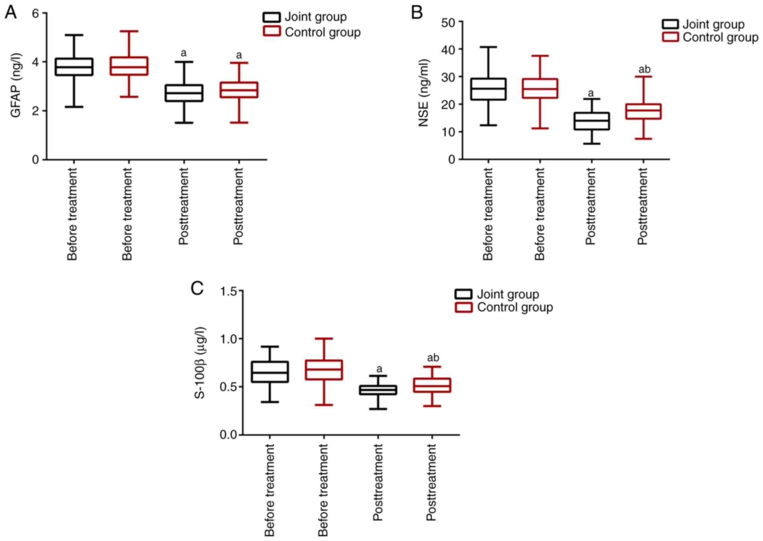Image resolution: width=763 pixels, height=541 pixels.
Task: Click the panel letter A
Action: (11, 12)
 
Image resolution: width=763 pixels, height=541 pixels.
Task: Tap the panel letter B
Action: (417, 12)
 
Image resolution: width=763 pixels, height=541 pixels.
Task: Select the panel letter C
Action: (197, 289)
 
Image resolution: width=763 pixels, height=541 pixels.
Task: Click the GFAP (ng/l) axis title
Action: (16, 86)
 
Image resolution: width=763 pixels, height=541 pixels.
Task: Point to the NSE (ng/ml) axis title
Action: (424, 93)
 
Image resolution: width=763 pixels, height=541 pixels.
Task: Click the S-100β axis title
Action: (200, 363)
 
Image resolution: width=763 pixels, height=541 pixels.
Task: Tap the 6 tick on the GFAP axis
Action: (36, 14)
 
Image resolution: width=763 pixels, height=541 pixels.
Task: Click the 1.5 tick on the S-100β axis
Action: (229, 291)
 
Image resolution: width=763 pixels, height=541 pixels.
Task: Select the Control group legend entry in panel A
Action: (322, 32)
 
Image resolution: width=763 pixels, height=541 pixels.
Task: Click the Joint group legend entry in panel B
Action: (713, 24)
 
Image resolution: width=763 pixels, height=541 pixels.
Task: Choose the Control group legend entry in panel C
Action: (514, 307)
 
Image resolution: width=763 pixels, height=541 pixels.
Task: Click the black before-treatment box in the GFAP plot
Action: (74, 67)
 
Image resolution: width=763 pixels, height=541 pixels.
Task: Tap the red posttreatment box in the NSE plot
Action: (643, 111)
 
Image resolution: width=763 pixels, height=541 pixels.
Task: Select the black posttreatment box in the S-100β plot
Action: (378, 390)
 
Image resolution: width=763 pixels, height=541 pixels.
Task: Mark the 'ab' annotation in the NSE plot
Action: (644, 70)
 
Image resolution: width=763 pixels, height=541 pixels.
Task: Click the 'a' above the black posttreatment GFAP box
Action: (183, 53)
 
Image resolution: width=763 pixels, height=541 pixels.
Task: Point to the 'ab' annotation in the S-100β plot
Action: (433, 358)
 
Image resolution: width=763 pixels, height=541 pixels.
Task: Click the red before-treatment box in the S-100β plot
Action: (324, 370)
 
